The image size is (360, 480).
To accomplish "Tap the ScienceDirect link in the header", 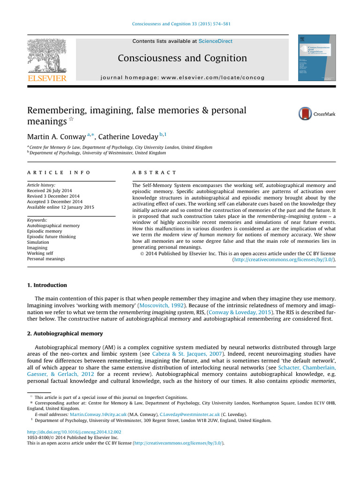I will click(215, 41).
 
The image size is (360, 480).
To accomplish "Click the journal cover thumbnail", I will click(317, 58).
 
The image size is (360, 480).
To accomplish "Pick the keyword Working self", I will click(40, 253).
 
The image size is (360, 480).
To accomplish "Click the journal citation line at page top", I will click(180, 24).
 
